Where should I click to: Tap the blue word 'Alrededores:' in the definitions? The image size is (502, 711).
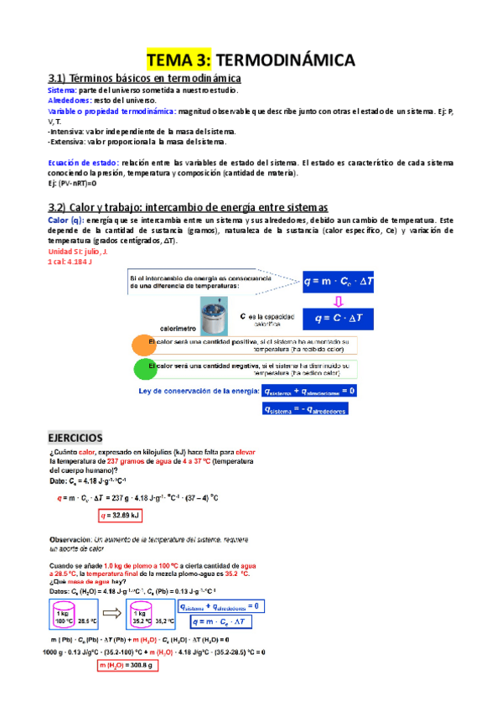(x=68, y=100)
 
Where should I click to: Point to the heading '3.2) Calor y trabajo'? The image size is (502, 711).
(x=188, y=207)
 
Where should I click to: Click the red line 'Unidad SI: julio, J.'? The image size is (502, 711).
(x=78, y=252)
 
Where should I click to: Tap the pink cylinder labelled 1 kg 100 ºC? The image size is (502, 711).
(x=66, y=616)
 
